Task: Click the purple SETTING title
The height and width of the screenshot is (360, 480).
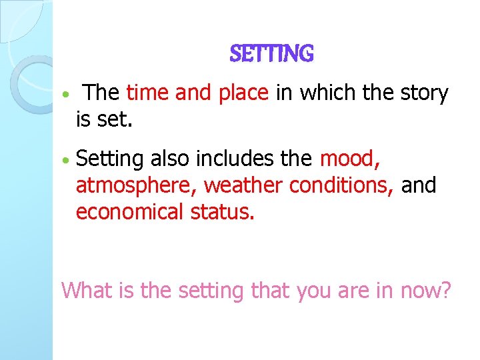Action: coord(271,53)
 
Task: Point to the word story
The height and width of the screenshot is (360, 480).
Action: coord(424,94)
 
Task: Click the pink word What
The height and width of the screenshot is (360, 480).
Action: coord(83,291)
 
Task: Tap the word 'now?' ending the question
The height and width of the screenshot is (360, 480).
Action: coord(426,291)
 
